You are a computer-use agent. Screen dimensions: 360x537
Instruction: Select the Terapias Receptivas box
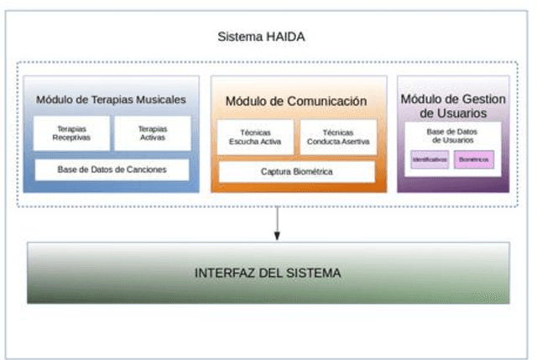coord(70,133)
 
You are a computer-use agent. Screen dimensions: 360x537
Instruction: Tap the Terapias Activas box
coord(152,133)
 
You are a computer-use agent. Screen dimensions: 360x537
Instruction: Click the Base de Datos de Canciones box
coord(112,170)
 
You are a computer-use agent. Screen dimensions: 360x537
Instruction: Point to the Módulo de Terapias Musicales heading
coord(111,100)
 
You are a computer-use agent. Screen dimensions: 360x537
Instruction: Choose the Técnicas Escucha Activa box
coord(255,138)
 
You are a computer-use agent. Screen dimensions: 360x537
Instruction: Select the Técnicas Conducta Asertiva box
coord(338,138)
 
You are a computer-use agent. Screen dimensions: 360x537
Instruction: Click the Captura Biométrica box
coord(296,172)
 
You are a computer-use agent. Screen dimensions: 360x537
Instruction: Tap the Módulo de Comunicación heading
coord(296,102)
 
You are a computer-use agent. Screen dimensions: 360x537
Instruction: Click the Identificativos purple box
coord(429,159)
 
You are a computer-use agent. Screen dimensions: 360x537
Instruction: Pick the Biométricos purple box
coord(474,159)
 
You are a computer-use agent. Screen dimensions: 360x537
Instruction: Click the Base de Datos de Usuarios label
coord(452,138)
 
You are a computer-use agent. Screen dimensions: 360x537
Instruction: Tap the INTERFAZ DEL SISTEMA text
coord(268,274)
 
